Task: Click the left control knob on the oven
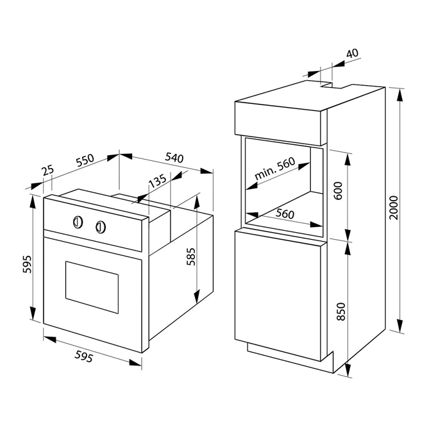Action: pyautogui.click(x=78, y=222)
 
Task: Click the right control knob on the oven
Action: pyautogui.click(x=101, y=227)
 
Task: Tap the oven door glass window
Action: pyautogui.click(x=92, y=287)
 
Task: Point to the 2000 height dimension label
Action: pyautogui.click(x=394, y=208)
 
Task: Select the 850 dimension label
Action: pyautogui.click(x=341, y=311)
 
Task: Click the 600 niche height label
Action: pyautogui.click(x=338, y=190)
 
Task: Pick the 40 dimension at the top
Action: pyautogui.click(x=353, y=54)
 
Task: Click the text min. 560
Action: pyautogui.click(x=275, y=168)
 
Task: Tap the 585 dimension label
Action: pyautogui.click(x=191, y=256)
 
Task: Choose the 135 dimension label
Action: pyautogui.click(x=158, y=181)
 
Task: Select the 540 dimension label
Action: pyautogui.click(x=174, y=158)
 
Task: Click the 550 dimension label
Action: pyautogui.click(x=85, y=160)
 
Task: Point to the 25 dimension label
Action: pyautogui.click(x=48, y=171)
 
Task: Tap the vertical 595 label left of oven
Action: pyautogui.click(x=27, y=264)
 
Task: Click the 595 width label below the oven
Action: pyautogui.click(x=84, y=356)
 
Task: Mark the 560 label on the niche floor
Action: pyautogui.click(x=285, y=213)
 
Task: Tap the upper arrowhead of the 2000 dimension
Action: pyautogui.click(x=400, y=95)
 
